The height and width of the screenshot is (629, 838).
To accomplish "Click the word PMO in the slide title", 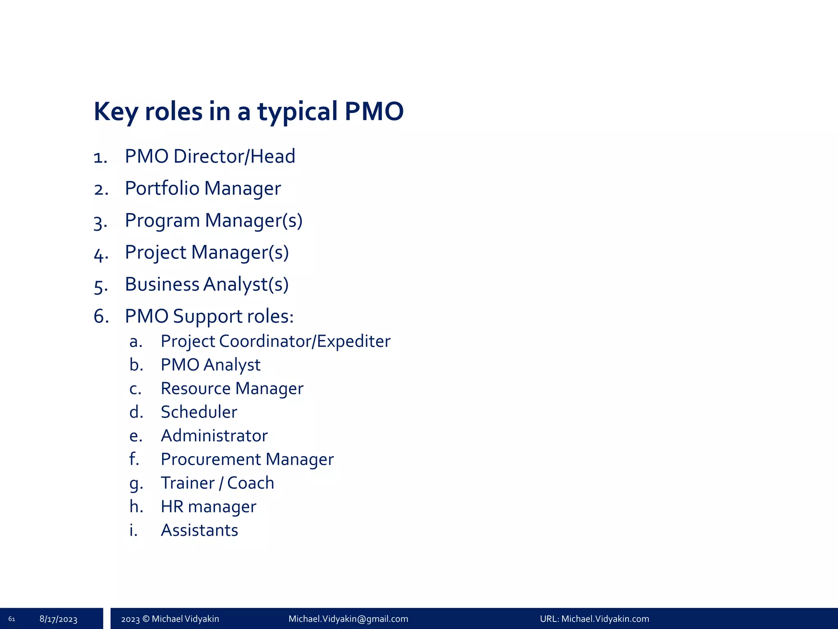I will pos(374,111).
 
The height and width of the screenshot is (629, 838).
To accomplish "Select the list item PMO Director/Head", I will pos(210,156).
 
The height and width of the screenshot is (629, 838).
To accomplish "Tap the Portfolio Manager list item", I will pos(203,188).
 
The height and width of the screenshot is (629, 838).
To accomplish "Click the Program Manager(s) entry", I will pos(214,221).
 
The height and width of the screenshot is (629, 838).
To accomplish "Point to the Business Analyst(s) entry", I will pos(207,285).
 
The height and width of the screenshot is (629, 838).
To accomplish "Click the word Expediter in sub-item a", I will pos(354,342).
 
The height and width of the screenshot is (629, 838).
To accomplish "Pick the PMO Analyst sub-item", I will pos(210,365).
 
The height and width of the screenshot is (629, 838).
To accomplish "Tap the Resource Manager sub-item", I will pos(232,389).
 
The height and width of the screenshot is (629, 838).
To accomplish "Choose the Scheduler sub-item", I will pos(199,412).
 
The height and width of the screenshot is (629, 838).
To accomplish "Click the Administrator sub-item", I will pos(214,436).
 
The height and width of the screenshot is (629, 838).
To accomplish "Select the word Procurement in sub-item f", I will pos(211,459).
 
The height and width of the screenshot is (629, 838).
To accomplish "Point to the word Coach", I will pos(250,483).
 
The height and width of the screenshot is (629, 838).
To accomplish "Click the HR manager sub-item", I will pos(208,507).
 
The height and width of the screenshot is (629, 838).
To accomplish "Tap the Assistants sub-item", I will pos(199,530).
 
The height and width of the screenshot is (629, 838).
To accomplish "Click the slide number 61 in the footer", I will pos(11,619).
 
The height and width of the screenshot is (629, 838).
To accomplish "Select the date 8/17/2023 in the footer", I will pos(59,619).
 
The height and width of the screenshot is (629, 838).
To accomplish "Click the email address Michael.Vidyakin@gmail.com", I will pos(348,619).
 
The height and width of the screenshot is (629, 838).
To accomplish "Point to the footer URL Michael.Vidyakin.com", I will pos(605,619).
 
